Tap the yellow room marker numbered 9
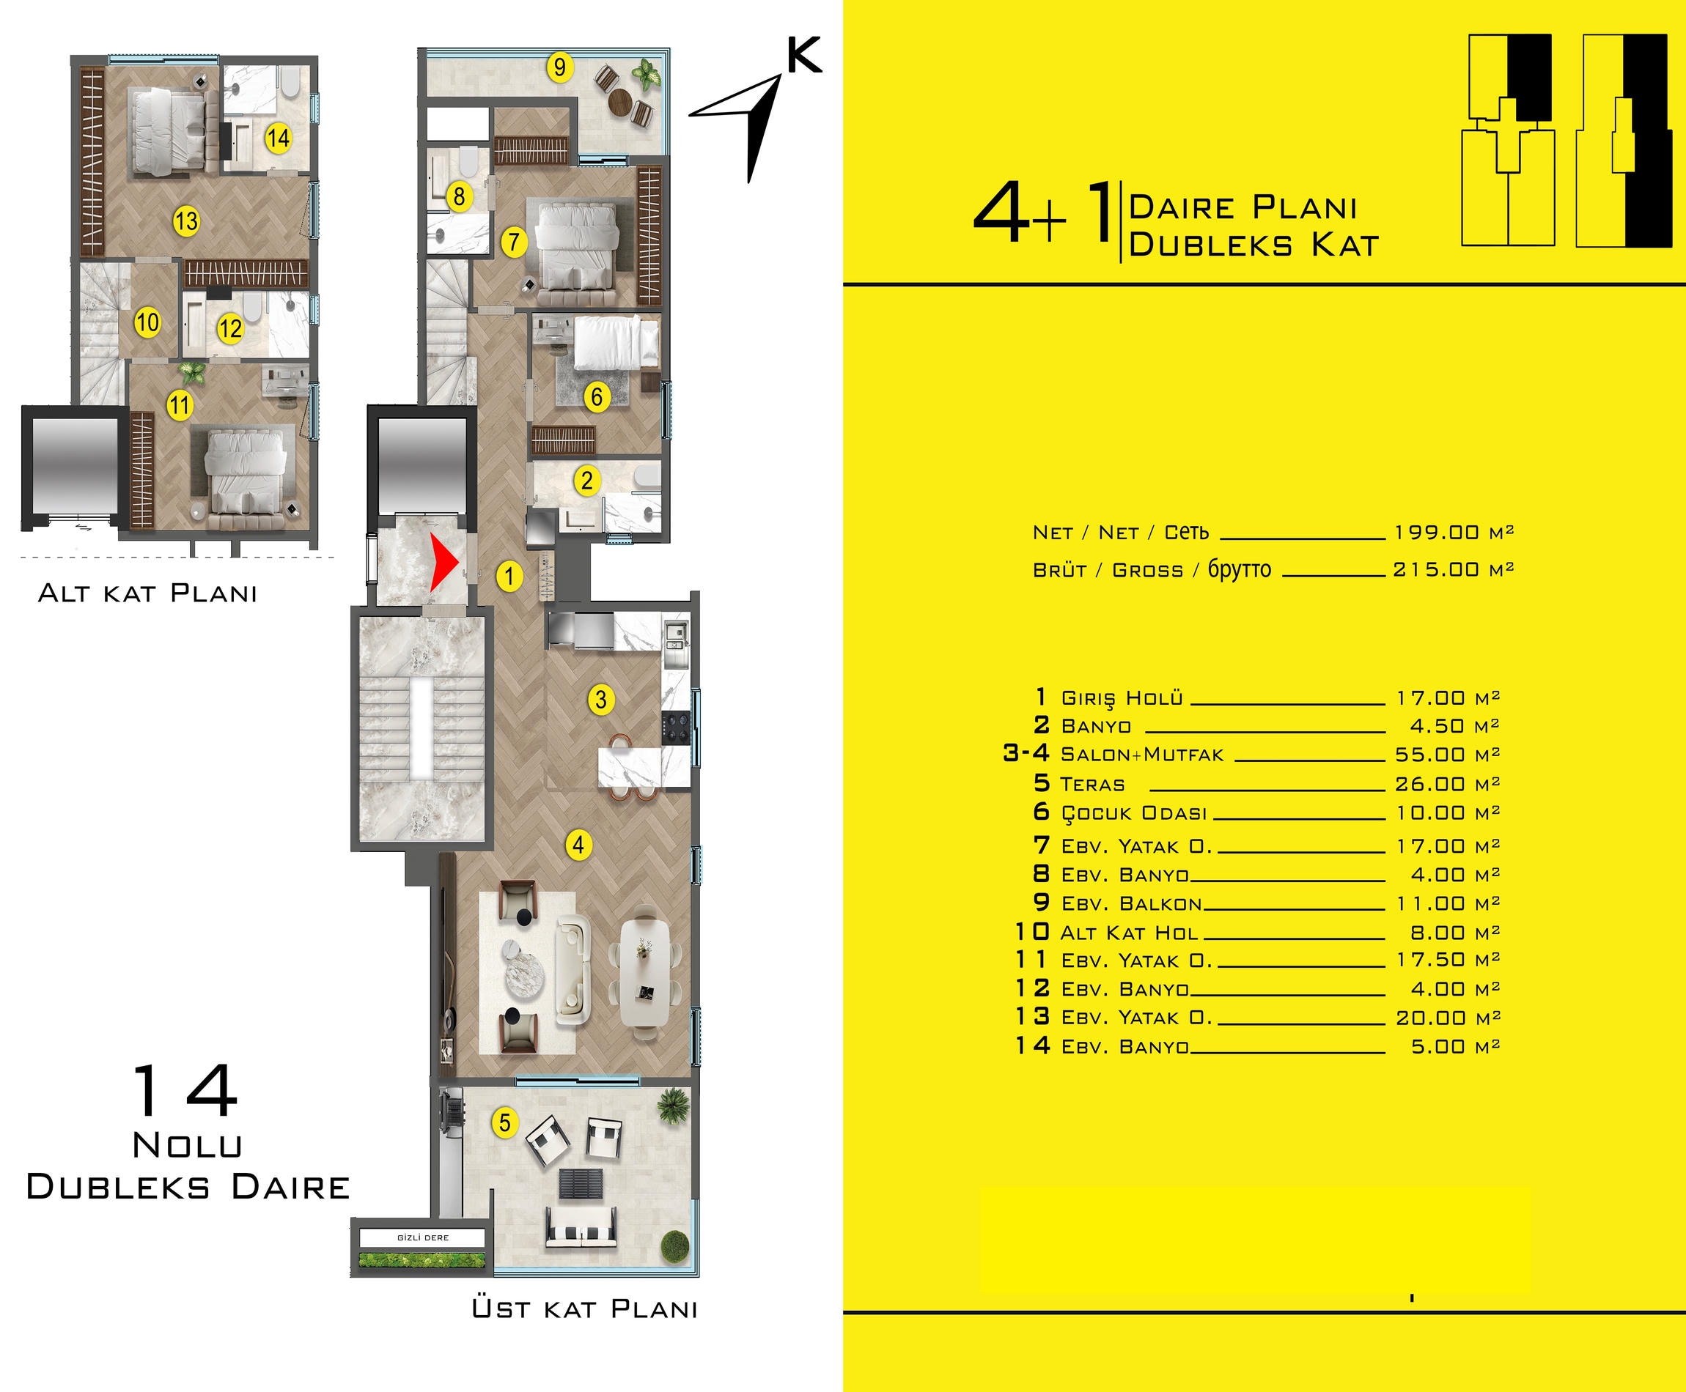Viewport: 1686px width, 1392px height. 560,67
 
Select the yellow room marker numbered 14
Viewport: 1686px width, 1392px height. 278,138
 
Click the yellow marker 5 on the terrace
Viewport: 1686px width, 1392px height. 504,1122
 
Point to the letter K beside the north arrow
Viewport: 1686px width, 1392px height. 803,56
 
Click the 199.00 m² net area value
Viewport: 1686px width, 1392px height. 1454,533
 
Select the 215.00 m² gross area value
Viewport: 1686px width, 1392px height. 1454,569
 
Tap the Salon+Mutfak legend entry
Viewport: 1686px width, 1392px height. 1142,755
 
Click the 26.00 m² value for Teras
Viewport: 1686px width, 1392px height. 1448,783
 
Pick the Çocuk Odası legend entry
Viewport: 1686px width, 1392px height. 1134,813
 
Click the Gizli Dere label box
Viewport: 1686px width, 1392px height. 423,1237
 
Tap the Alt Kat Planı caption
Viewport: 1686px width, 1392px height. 147,593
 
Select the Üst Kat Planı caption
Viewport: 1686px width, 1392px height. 585,1308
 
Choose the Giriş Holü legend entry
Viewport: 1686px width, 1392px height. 1122,697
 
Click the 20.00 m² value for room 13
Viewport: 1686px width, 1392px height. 1448,1018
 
